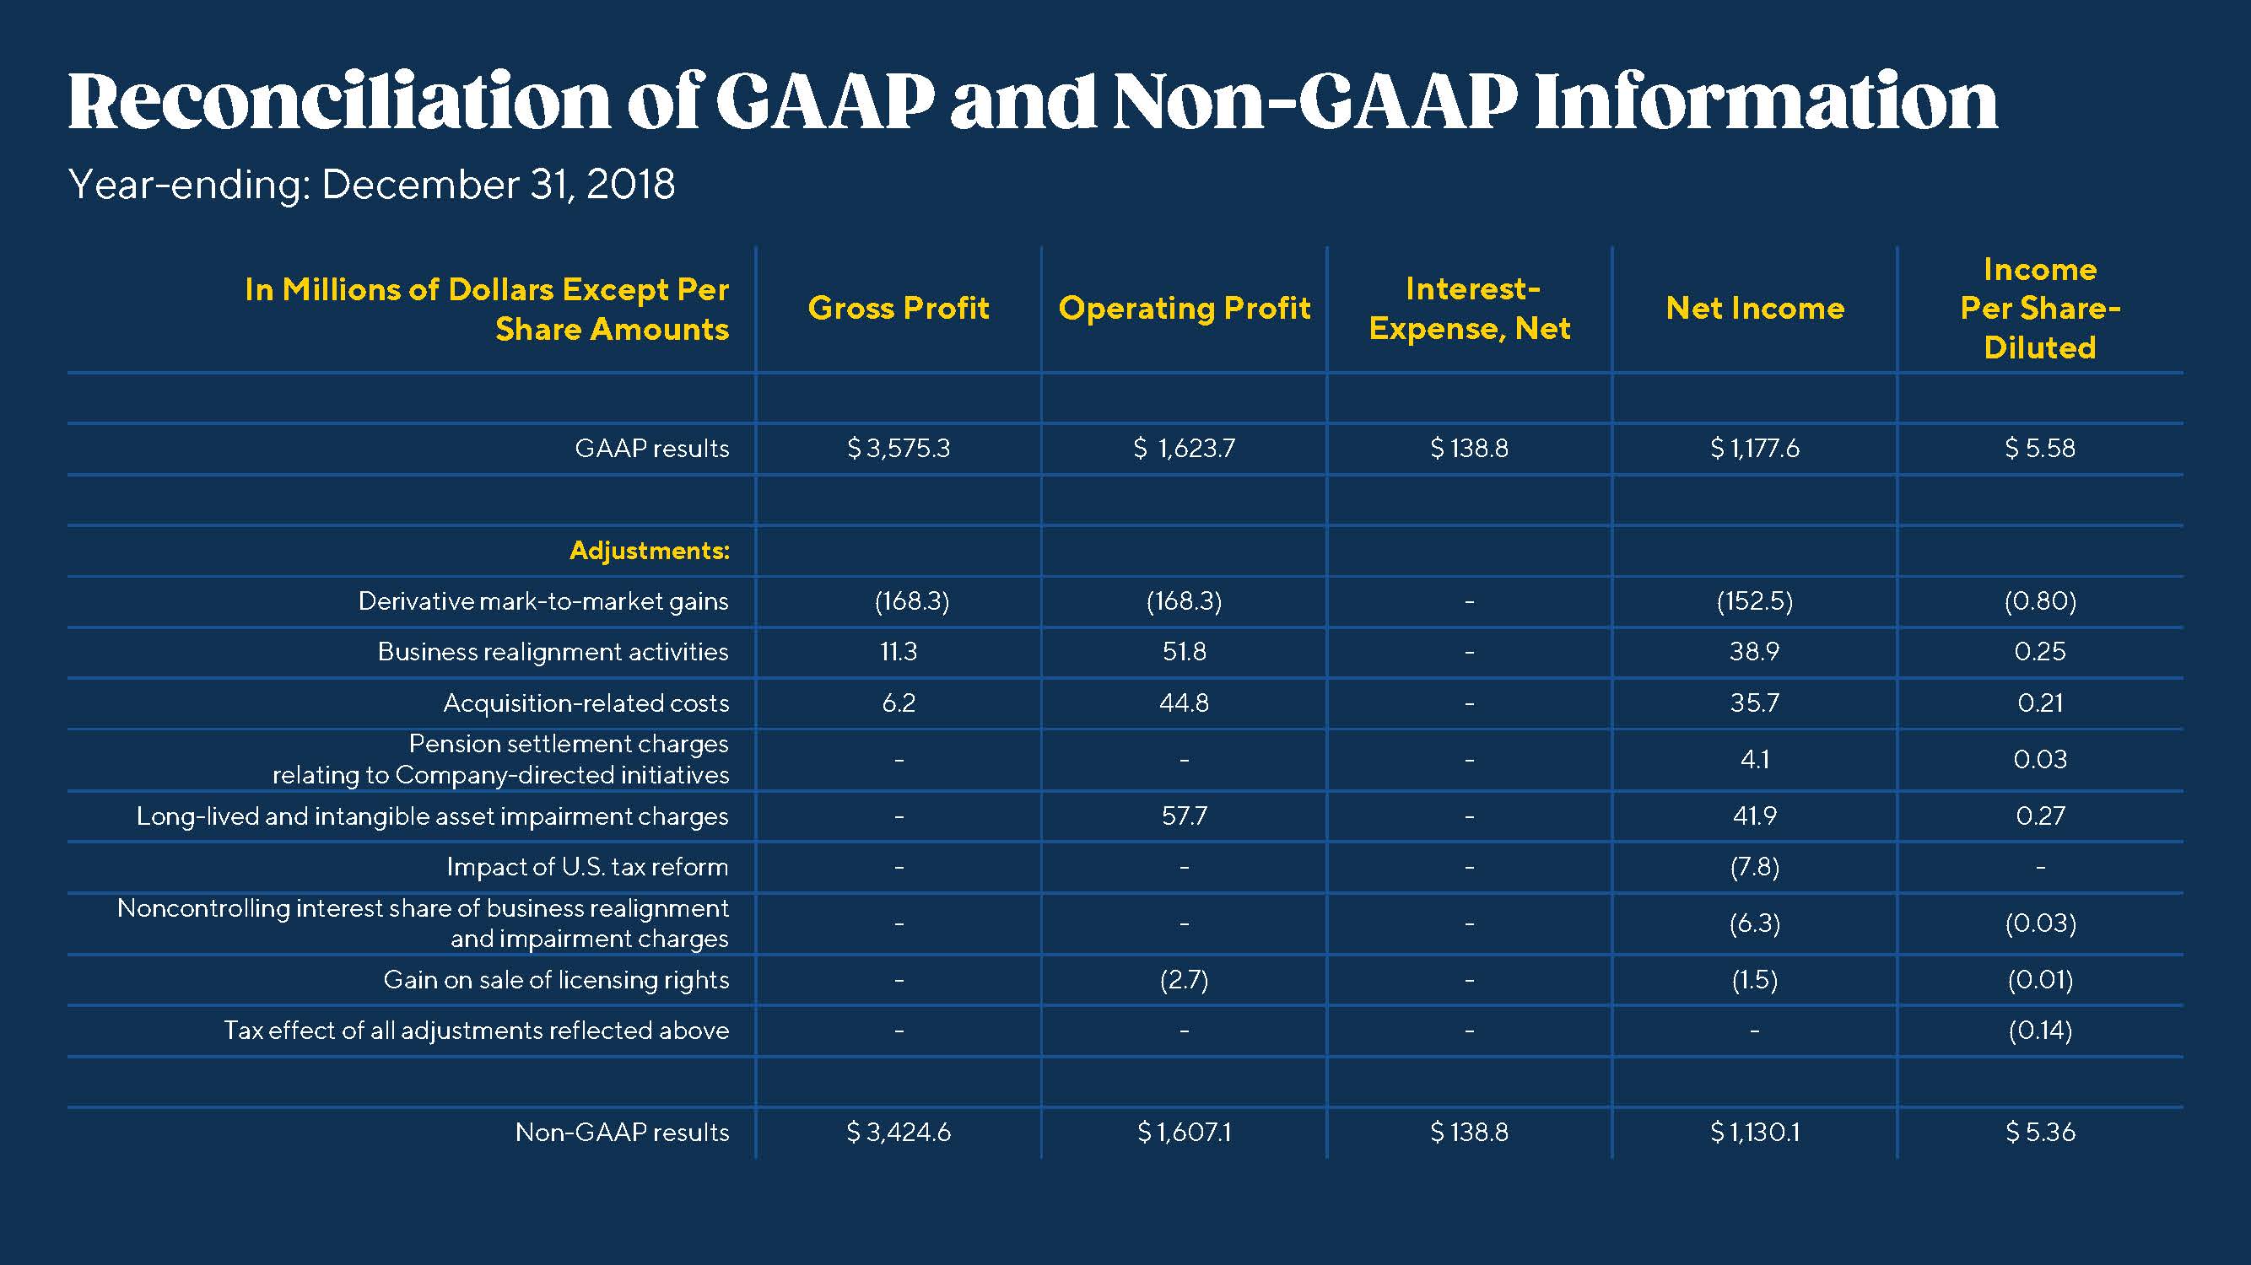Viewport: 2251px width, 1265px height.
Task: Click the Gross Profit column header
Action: [899, 309]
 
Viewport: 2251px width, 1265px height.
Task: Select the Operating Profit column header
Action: [1184, 309]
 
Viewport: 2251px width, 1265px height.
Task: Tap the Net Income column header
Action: [1755, 309]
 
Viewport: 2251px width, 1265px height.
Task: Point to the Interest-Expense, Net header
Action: [1470, 309]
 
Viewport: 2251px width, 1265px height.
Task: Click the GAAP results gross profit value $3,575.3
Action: [899, 448]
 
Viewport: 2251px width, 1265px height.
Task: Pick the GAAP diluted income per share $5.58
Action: [2039, 448]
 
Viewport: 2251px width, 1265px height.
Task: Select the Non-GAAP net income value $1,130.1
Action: [1755, 1133]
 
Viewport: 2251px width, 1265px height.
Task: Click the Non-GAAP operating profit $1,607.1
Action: [1184, 1133]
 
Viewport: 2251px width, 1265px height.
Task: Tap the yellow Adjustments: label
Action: [650, 551]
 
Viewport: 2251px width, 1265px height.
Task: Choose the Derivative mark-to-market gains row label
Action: [543, 601]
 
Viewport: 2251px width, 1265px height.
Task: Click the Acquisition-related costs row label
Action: [586, 703]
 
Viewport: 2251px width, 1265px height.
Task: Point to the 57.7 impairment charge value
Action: [1184, 816]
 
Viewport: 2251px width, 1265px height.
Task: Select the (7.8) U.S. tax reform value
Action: [1755, 867]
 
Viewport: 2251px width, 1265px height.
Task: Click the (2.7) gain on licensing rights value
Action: [1184, 980]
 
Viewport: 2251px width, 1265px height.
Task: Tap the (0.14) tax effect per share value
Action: [2039, 1031]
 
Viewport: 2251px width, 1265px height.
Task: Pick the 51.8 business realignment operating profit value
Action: [1184, 652]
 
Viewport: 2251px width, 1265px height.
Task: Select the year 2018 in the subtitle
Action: [630, 185]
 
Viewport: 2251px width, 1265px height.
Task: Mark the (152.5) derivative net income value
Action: [1755, 601]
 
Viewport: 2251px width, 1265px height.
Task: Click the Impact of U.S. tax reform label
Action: [587, 867]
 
